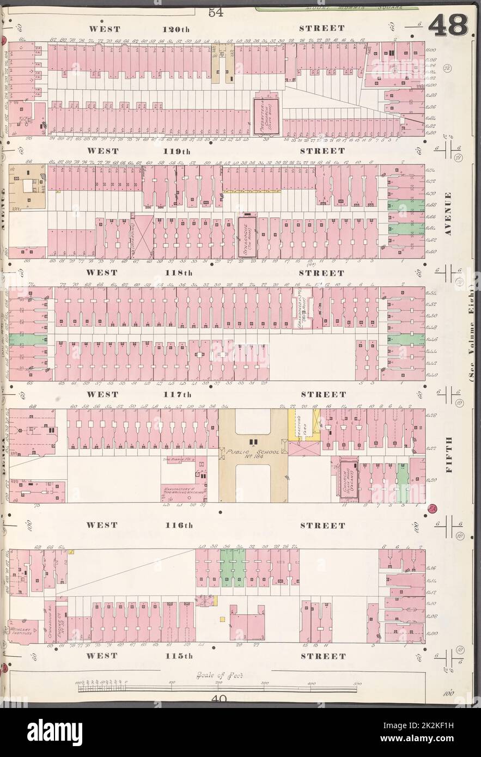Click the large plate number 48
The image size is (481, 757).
tap(448, 25)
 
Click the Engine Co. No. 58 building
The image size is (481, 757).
tap(60, 621)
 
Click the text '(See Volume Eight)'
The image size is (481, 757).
tap(472, 338)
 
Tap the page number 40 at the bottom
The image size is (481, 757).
tap(220, 700)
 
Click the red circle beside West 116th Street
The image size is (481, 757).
tap(433, 510)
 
